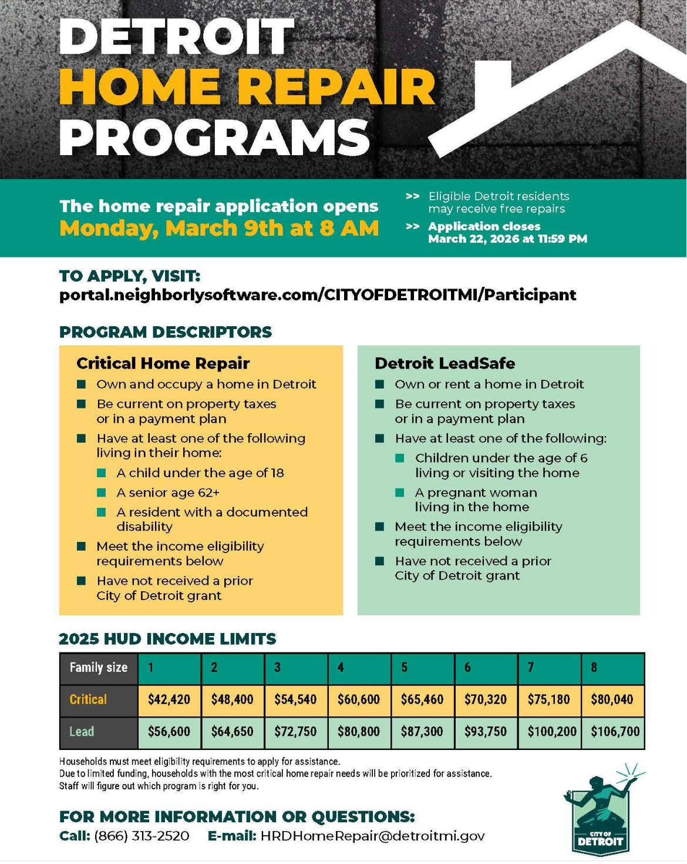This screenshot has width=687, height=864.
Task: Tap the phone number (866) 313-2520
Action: pyautogui.click(x=142, y=836)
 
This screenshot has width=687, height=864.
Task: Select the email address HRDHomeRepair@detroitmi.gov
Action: pyautogui.click(x=373, y=836)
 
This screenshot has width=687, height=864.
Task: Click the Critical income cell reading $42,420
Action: pyautogui.click(x=169, y=699)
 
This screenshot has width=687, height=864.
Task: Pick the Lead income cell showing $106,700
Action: pyautogui.click(x=614, y=732)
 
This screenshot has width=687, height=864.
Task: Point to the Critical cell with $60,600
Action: pyautogui.click(x=359, y=699)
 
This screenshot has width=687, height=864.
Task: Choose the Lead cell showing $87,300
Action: pyautogui.click(x=422, y=732)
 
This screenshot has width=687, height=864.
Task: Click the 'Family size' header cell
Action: pyautogui.click(x=99, y=668)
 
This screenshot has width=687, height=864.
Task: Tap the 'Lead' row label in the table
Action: pyautogui.click(x=82, y=732)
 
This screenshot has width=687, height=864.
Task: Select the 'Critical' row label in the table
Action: pyautogui.click(x=88, y=699)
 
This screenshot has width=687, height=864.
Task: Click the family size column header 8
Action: pyautogui.click(x=594, y=668)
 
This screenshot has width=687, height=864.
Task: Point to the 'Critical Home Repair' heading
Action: pyautogui.click(x=163, y=363)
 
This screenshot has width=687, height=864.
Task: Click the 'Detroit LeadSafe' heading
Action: pyautogui.click(x=444, y=363)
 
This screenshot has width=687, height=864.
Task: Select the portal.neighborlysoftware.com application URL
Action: pyautogui.click(x=318, y=294)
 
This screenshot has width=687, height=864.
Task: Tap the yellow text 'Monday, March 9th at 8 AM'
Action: pyautogui.click(x=219, y=228)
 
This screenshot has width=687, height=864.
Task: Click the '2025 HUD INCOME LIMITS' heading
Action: pyautogui.click(x=167, y=639)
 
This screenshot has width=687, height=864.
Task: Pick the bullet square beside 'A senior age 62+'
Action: pyautogui.click(x=102, y=493)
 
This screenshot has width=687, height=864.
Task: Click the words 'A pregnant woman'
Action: pyautogui.click(x=476, y=493)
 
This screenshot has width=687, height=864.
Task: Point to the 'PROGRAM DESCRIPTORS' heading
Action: pyautogui.click(x=166, y=332)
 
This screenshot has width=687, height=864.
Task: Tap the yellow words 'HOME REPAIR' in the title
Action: pyautogui.click(x=247, y=87)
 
